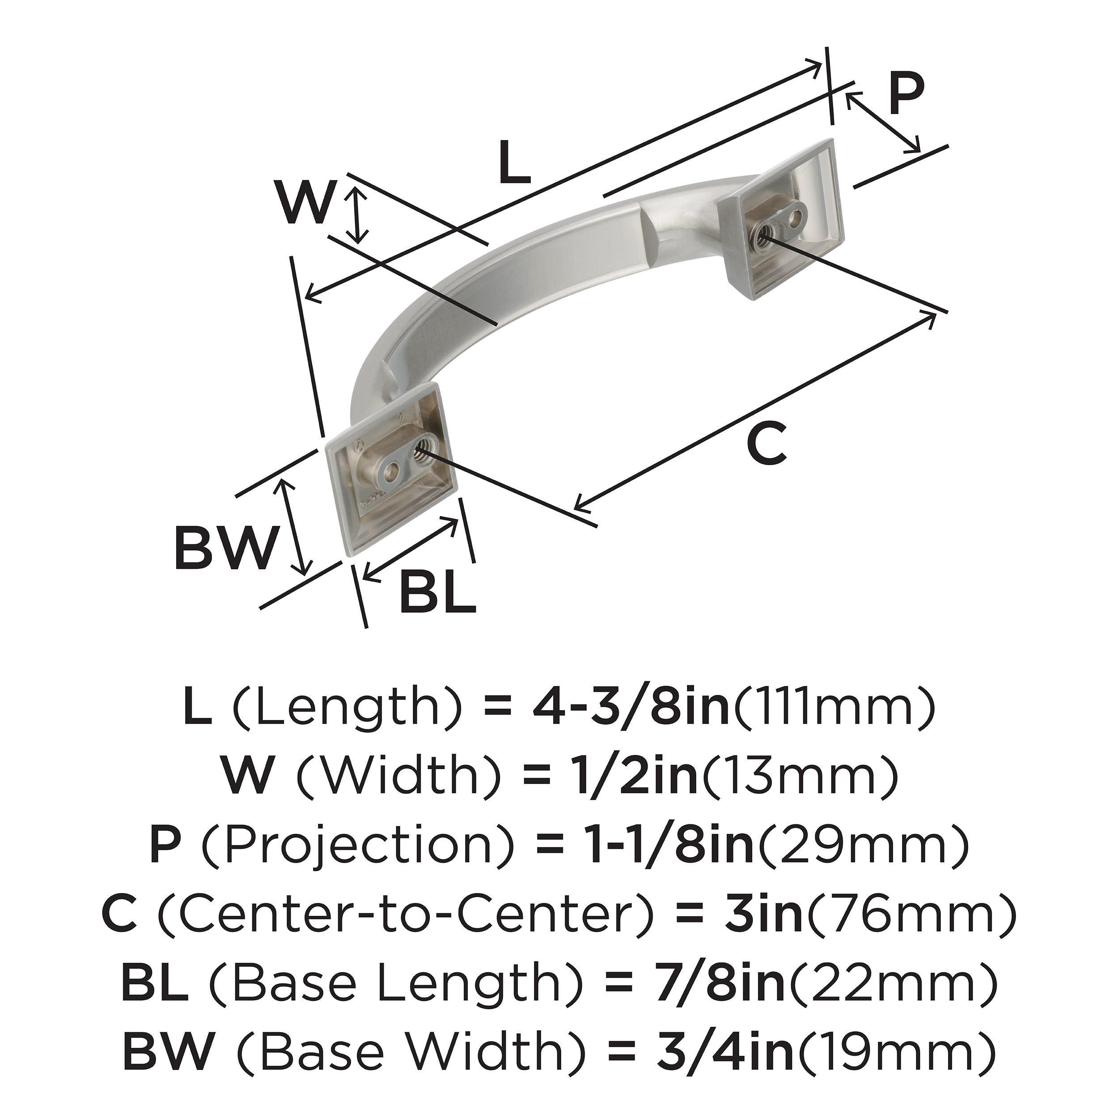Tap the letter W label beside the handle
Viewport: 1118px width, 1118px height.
pos(305,202)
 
